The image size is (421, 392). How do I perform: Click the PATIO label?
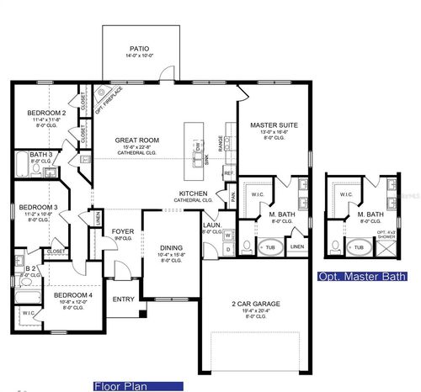pos(139,48)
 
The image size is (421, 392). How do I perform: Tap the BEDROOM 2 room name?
pos(46,113)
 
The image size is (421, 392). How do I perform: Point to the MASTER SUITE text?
pos(269,125)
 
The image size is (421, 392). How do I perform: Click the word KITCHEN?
pos(192,193)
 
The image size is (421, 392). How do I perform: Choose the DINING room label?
pos(171,247)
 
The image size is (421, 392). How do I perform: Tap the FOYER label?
pos(123,231)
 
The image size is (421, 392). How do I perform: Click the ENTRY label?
pos(123,299)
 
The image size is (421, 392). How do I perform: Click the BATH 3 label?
pos(40,154)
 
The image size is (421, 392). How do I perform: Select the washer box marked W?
pos(227,236)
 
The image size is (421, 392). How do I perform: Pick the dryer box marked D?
pos(227,250)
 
